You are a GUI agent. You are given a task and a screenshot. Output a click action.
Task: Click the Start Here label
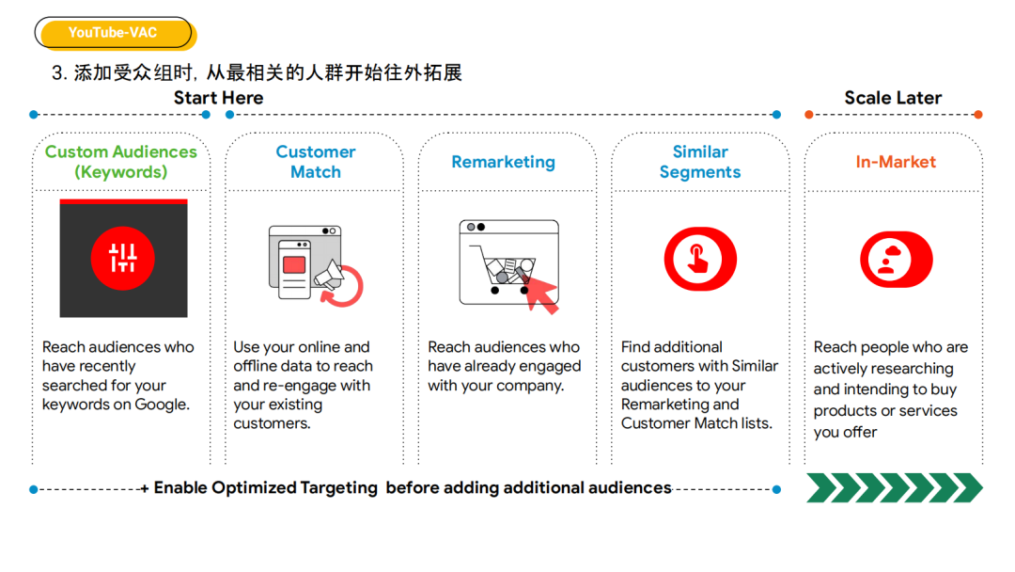(218, 98)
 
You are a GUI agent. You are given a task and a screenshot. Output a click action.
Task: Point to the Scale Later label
(893, 98)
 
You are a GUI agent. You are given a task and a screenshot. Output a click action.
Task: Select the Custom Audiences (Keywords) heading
(121, 161)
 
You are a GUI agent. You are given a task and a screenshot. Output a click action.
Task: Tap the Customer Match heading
(315, 161)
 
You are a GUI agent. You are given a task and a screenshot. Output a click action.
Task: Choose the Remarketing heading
(503, 162)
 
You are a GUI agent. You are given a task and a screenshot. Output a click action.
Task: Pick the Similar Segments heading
(700, 161)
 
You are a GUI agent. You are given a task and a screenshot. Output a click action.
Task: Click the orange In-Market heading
(896, 162)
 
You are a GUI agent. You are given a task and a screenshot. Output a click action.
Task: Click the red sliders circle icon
(123, 258)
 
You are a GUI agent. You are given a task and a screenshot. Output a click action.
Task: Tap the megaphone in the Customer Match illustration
(329, 275)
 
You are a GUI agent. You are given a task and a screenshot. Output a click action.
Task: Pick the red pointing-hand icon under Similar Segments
(700, 259)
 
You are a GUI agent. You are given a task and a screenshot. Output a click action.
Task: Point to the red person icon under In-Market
(896, 259)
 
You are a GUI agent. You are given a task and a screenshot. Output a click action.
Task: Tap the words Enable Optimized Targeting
(265, 487)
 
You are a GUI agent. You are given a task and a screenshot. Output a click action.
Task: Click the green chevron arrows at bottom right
(895, 487)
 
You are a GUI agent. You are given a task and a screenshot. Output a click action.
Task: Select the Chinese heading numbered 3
(257, 72)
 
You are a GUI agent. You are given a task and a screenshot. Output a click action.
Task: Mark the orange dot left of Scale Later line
(808, 115)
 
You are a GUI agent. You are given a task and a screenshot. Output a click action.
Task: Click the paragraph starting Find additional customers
(699, 385)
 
